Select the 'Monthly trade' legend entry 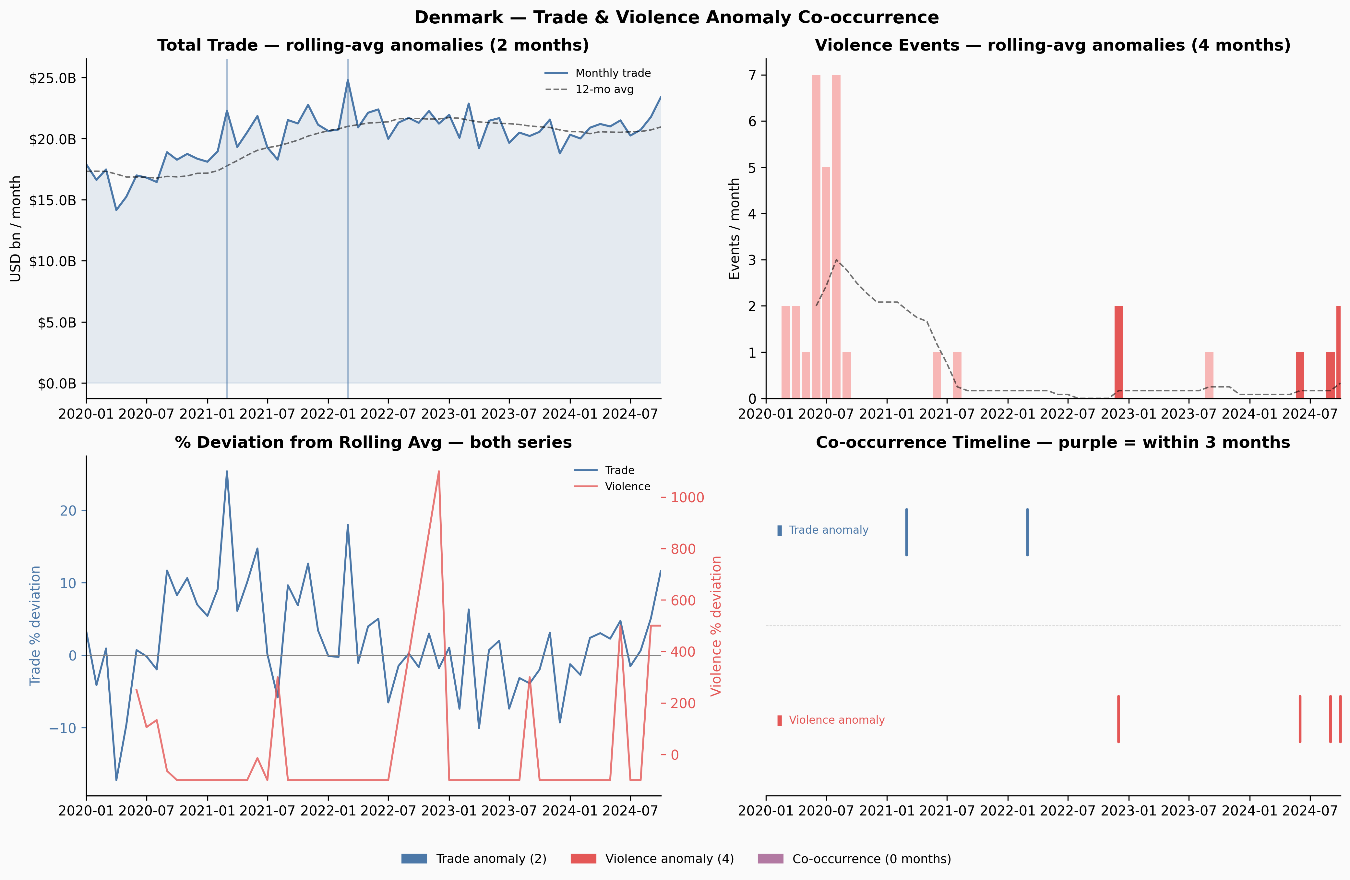pyautogui.click(x=597, y=73)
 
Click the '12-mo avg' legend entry pyautogui.click(x=589, y=89)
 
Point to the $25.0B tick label pyautogui.click(x=52, y=78)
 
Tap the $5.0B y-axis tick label pyautogui.click(x=57, y=323)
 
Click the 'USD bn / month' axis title pyautogui.click(x=16, y=229)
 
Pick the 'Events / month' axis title pyautogui.click(x=735, y=229)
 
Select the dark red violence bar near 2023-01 pyautogui.click(x=1118, y=352)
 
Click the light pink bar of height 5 pyautogui.click(x=826, y=283)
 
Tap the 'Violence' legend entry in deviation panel pyautogui.click(x=612, y=486)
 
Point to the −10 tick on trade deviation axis pyautogui.click(x=62, y=728)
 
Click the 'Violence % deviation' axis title pyautogui.click(x=716, y=626)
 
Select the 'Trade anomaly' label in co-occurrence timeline pyautogui.click(x=828, y=530)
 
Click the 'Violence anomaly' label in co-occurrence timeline pyautogui.click(x=837, y=720)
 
